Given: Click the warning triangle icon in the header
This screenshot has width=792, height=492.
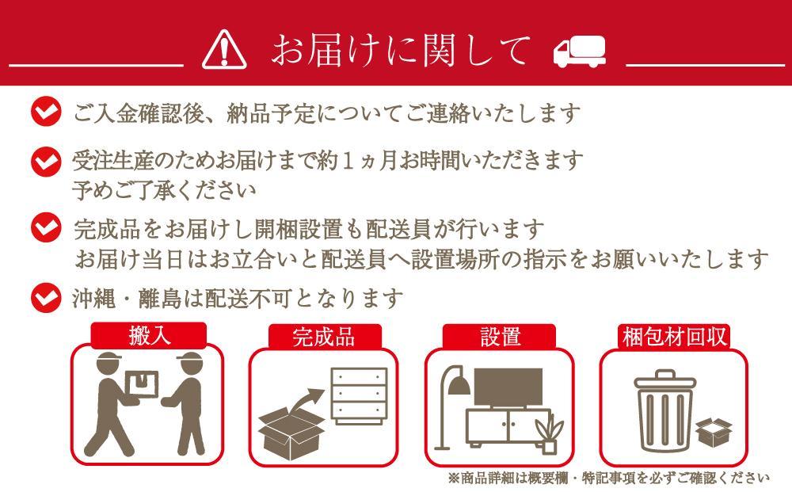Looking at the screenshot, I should point(225,50).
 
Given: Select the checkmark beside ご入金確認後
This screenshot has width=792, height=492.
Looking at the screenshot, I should point(45,112).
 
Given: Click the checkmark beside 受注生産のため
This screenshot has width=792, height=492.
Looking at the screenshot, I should point(45,161).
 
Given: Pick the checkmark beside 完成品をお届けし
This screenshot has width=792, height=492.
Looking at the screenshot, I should point(45,229).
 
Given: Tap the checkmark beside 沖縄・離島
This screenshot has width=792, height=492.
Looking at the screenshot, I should point(45,298).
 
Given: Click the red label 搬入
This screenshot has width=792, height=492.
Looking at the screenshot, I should point(150,336).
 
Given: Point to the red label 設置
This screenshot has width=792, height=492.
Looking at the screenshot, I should point(500,336).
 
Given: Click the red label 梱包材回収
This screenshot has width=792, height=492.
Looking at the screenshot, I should point(673,336).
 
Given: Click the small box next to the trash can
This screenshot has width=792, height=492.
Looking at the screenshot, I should point(714,432).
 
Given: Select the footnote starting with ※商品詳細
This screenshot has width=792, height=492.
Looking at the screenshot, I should point(608,478).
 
